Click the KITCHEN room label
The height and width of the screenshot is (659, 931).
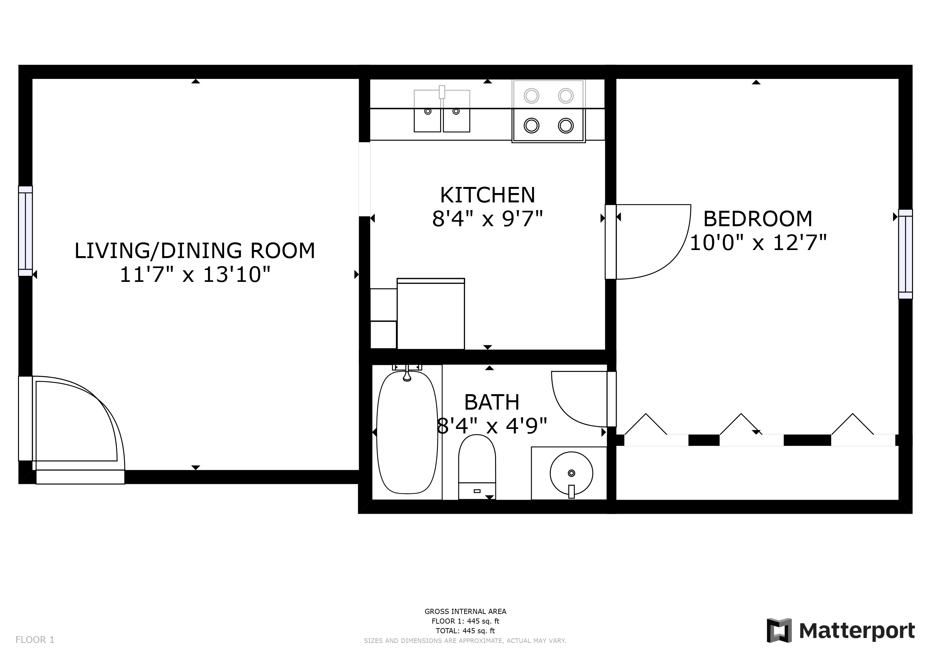(x=487, y=195)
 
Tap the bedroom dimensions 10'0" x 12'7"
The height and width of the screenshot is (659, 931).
(x=757, y=243)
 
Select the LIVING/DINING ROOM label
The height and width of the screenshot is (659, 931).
(x=194, y=250)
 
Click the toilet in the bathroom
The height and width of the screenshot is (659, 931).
(x=476, y=466)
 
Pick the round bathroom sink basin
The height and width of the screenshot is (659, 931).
(x=571, y=473)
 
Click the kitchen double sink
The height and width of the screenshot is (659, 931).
(x=442, y=112)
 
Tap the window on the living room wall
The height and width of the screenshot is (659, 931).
(x=25, y=231)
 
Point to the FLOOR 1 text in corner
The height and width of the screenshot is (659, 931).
(x=35, y=640)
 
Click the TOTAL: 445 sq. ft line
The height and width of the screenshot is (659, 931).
(x=465, y=631)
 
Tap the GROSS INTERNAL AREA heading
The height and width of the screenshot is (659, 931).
(x=465, y=611)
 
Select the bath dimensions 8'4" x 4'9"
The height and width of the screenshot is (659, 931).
(x=492, y=426)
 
